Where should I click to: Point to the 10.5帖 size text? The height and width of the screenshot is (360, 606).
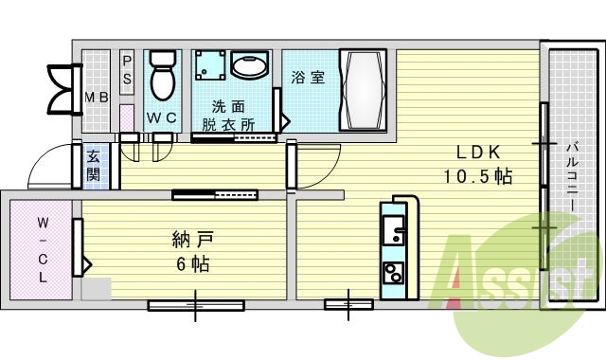coord(478,175)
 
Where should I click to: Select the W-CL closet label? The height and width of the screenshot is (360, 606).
coord(44,244)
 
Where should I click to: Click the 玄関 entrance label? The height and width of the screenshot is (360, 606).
coord(95,167)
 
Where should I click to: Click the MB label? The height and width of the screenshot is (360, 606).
coord(97,97)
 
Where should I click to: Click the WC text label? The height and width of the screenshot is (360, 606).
coord(161,118)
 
